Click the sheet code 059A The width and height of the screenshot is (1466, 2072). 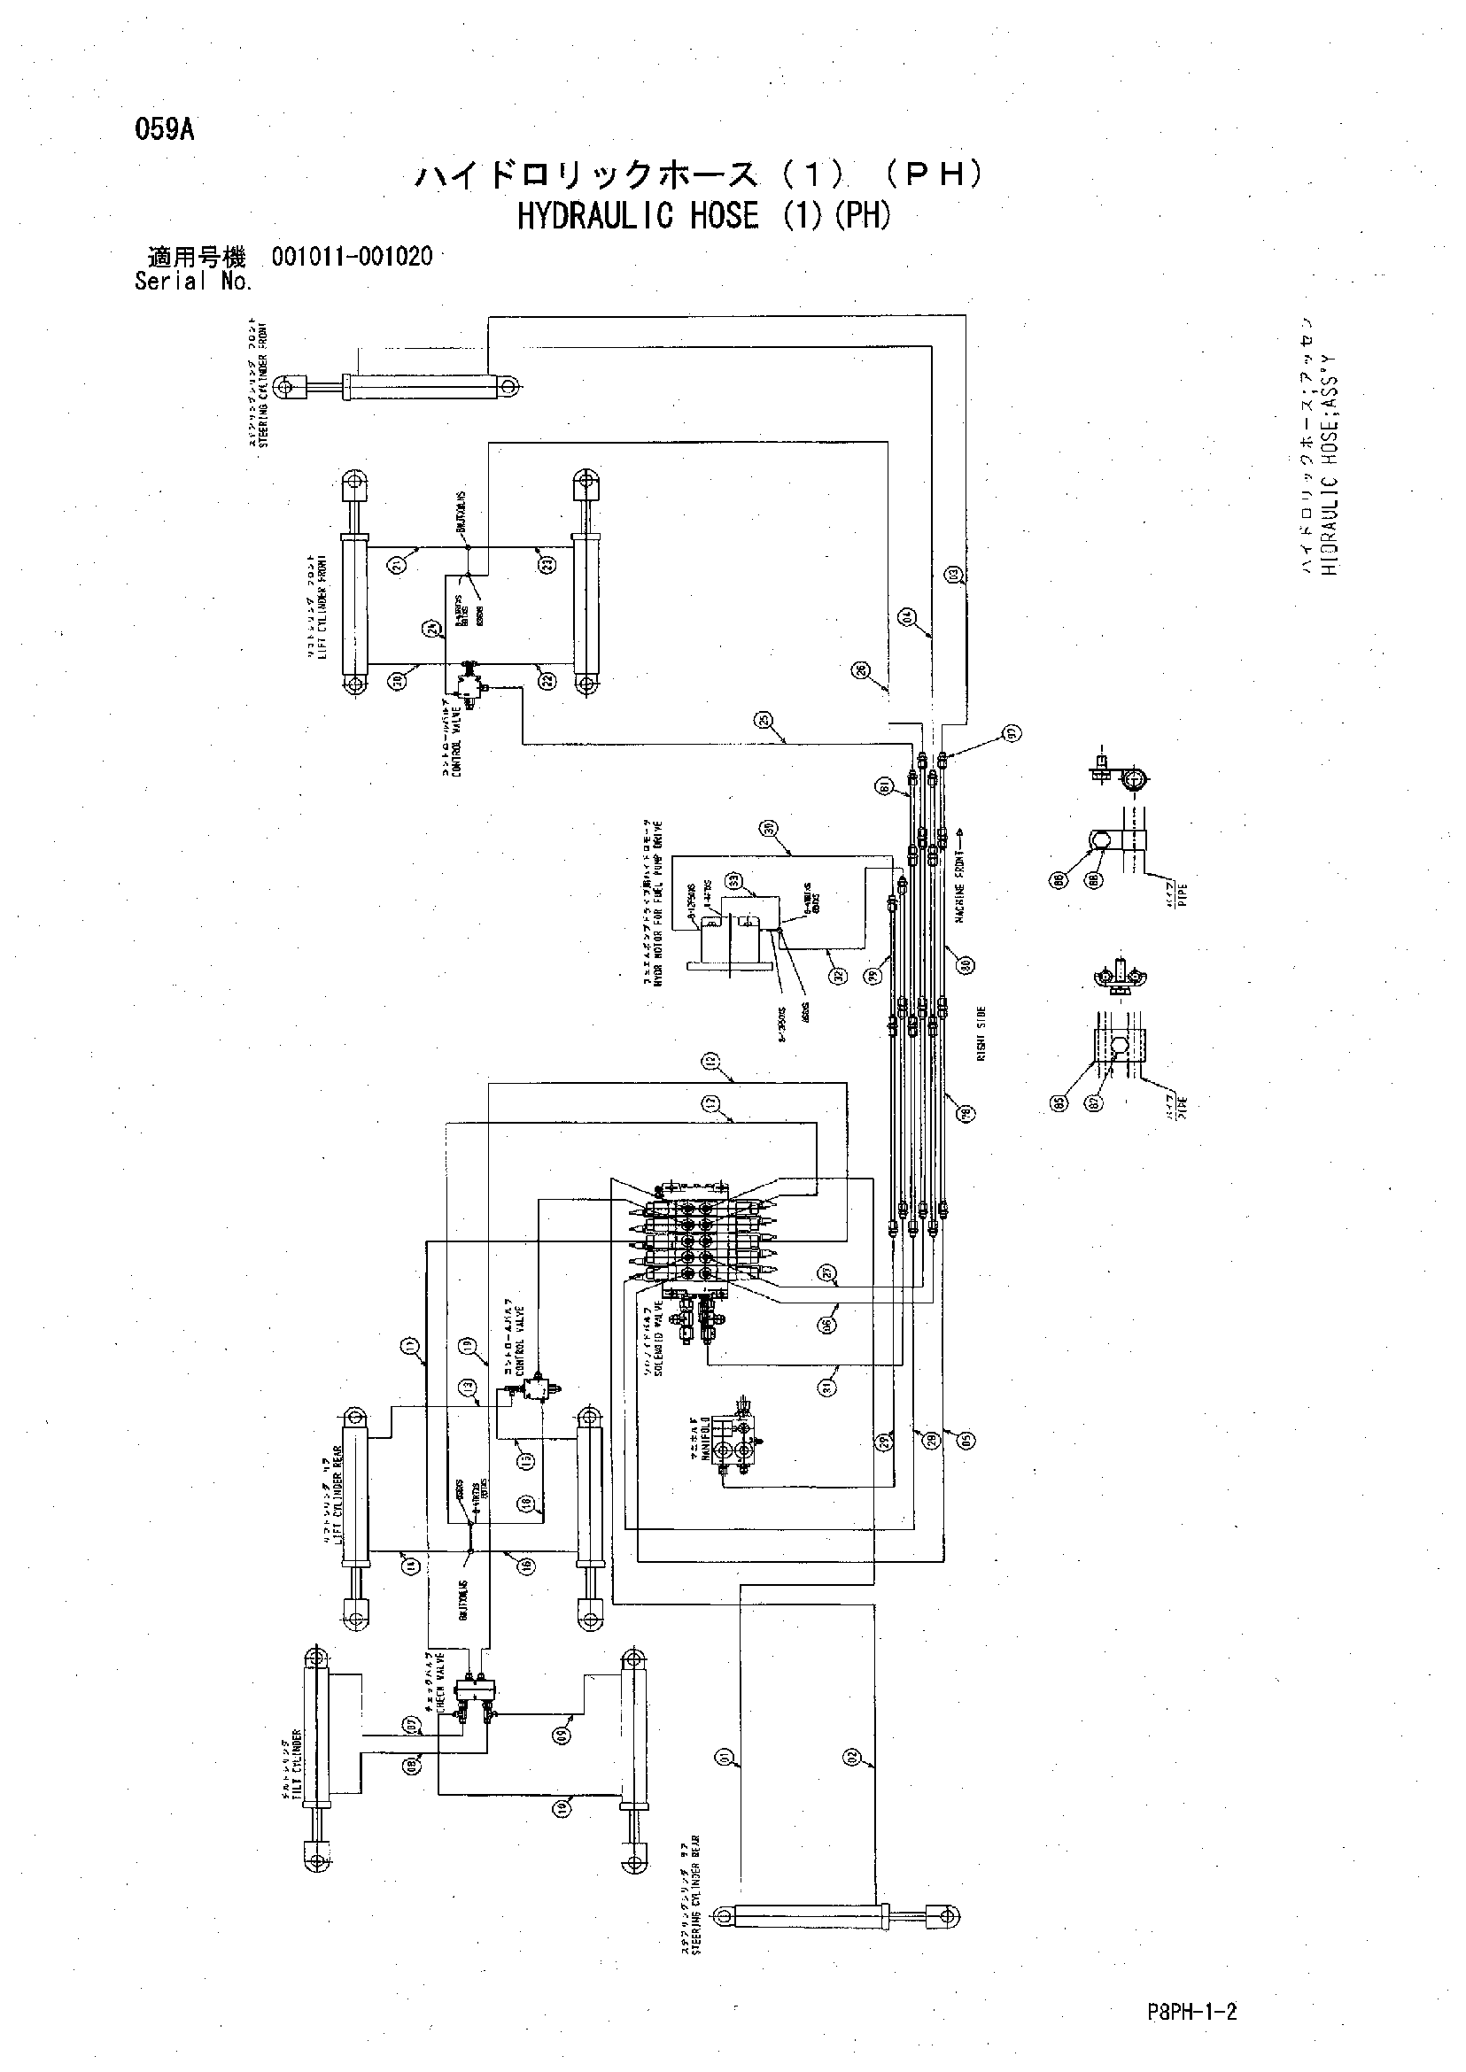(x=164, y=130)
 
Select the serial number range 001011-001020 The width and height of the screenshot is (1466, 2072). (x=351, y=257)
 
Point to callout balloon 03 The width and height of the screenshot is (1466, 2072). (x=954, y=574)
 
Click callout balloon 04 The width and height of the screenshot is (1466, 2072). (x=908, y=617)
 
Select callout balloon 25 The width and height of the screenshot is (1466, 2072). (x=764, y=720)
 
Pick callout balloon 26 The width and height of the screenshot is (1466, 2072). (x=860, y=669)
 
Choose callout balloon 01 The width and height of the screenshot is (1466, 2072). (x=724, y=1757)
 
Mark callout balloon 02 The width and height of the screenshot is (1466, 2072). (x=852, y=1757)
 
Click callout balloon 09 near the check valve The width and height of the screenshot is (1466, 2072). (x=562, y=1734)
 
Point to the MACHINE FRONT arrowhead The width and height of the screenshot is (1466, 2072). (x=960, y=830)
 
